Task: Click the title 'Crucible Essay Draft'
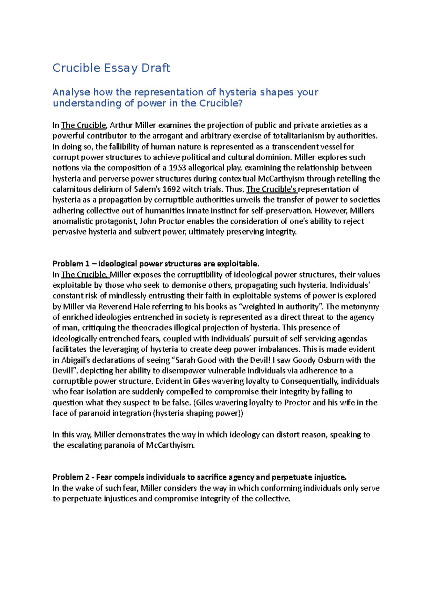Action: click(x=111, y=68)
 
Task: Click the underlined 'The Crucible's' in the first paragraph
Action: click(x=272, y=189)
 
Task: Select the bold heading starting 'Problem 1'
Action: click(x=156, y=264)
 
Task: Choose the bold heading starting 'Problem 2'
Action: click(x=199, y=477)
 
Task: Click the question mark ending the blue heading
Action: click(x=240, y=104)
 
